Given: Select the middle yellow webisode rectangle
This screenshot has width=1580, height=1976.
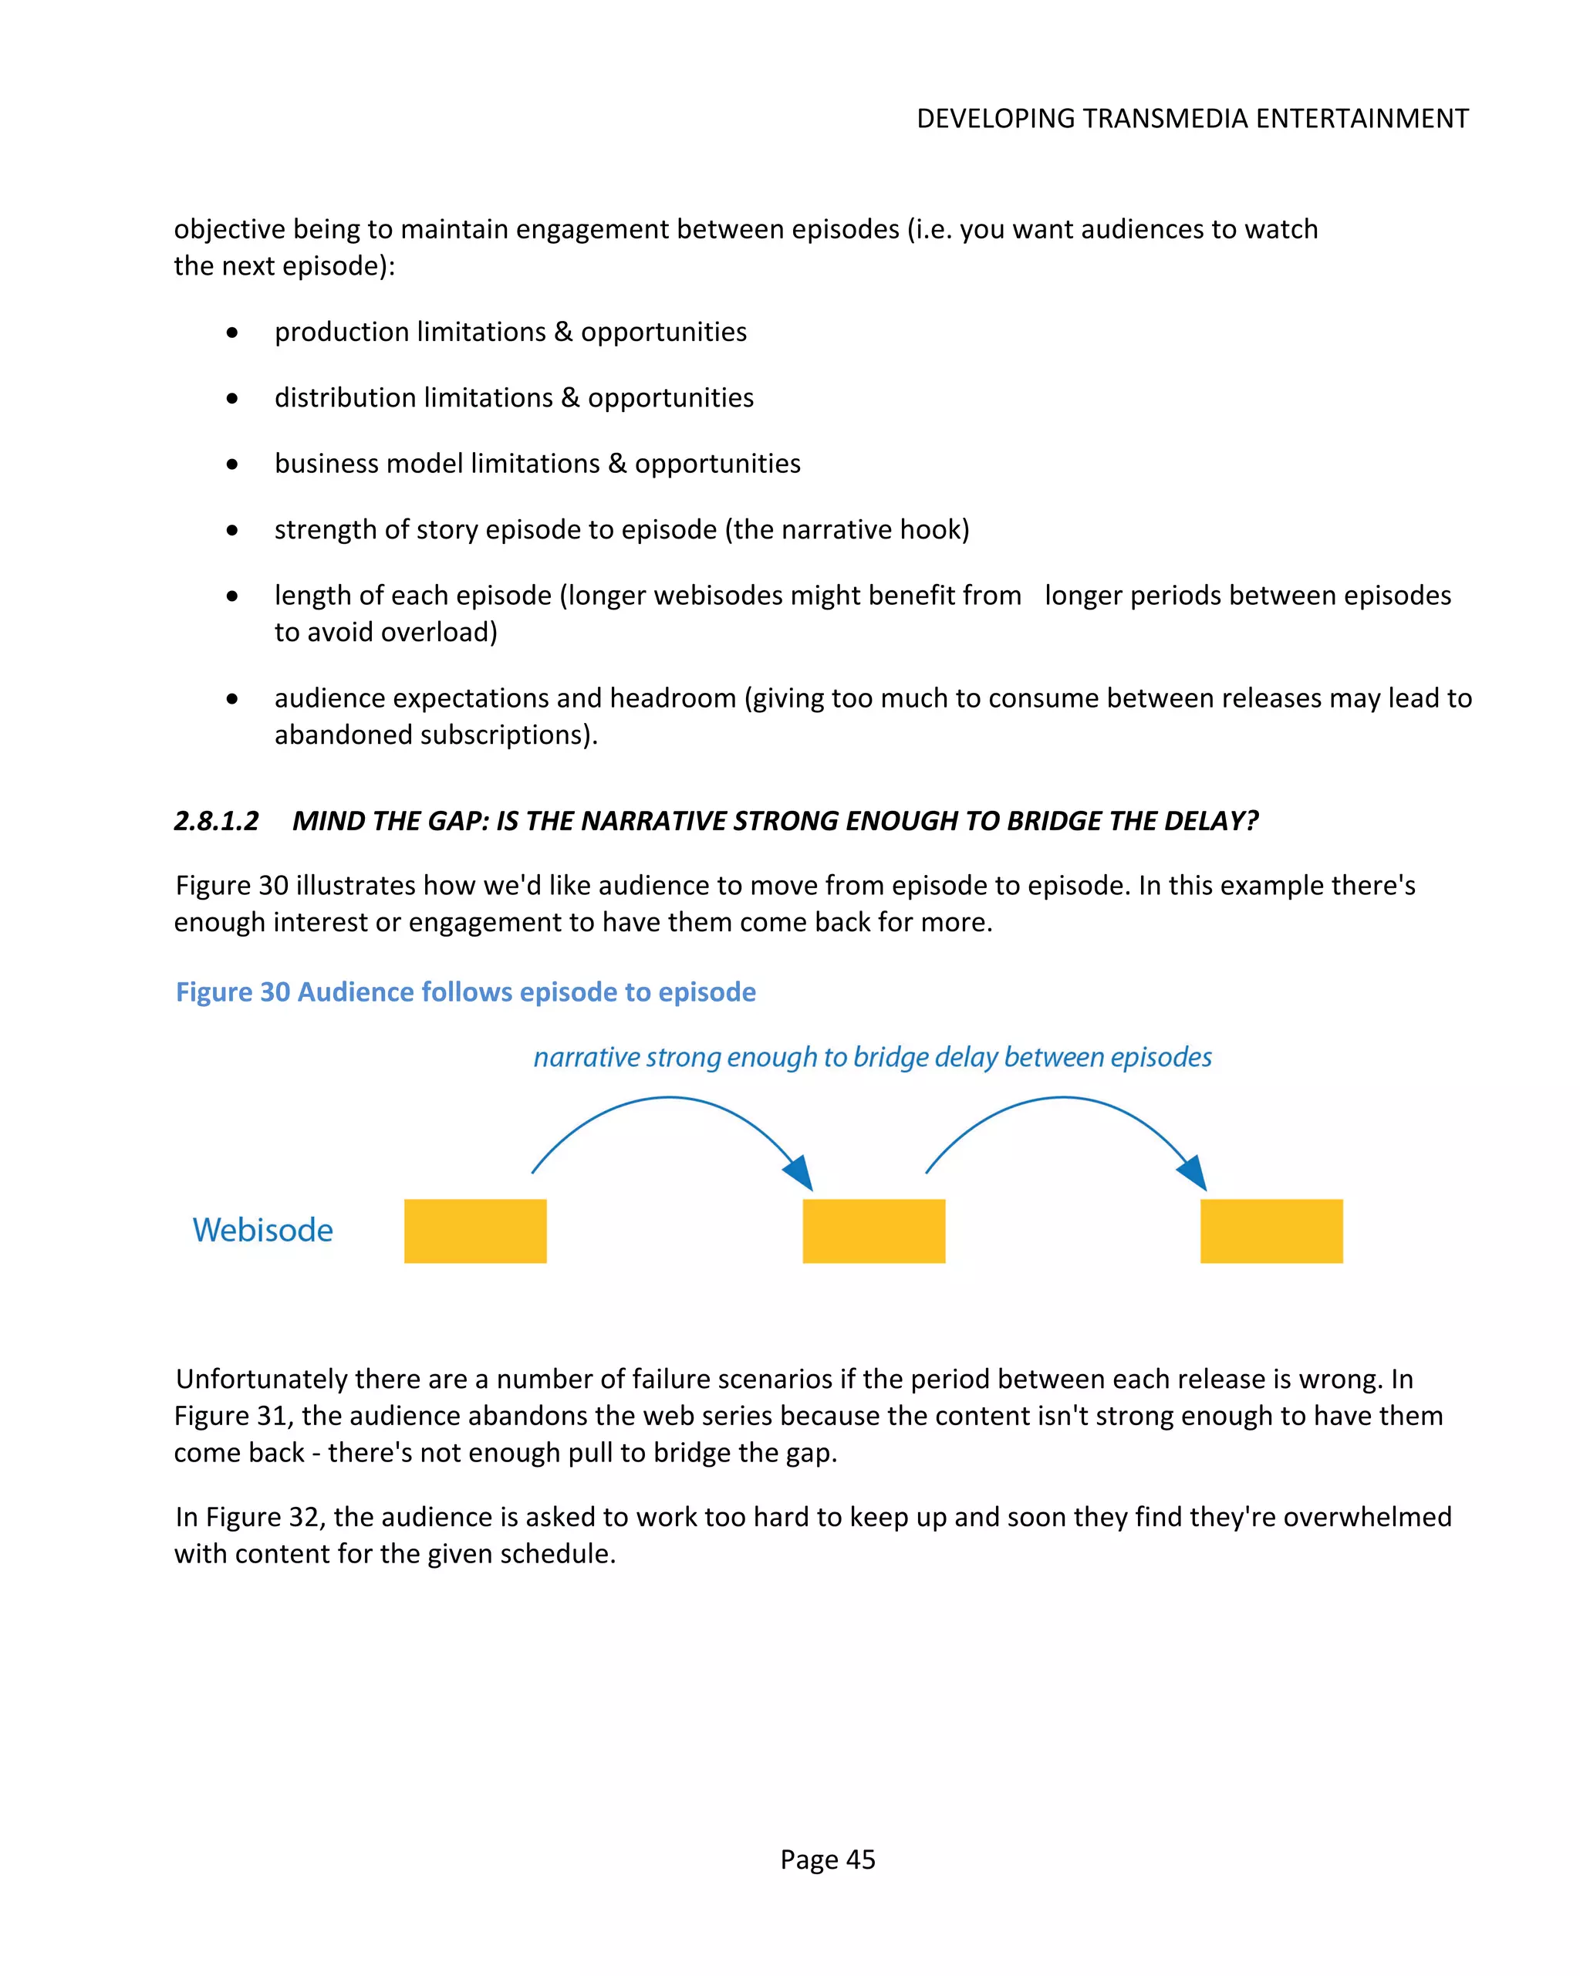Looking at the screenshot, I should point(873,1230).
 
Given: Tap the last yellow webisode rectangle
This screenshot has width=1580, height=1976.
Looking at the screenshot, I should point(1271,1230).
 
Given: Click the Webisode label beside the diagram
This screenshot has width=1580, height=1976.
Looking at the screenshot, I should point(262,1230).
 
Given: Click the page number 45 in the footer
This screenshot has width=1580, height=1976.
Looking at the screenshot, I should point(859,1859).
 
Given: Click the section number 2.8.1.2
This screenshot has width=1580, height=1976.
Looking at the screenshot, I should point(216,820).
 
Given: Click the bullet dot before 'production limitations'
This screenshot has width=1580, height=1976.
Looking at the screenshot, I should point(232,333).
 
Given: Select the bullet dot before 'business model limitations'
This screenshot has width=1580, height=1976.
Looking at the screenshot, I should point(232,464).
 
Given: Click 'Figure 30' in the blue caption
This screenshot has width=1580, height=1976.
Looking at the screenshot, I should point(233,991).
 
